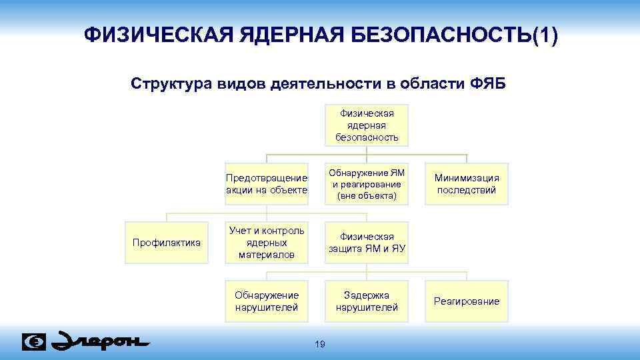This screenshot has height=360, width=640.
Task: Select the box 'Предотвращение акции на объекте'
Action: point(267,184)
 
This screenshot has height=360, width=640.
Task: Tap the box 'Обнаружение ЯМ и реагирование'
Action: point(367,184)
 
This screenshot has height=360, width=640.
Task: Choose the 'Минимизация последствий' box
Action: point(467,184)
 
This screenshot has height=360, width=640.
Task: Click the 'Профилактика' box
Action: point(167,243)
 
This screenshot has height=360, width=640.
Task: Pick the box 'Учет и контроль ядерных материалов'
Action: point(267,243)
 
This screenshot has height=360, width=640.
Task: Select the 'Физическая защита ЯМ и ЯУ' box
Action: point(367,243)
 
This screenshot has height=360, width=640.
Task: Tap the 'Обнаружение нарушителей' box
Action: point(267,301)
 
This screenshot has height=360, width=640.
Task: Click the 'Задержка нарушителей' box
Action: point(367,301)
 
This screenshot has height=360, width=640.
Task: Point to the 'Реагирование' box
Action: point(467,301)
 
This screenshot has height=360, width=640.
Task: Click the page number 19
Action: point(319,344)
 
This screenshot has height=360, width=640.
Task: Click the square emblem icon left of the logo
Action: point(34,341)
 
